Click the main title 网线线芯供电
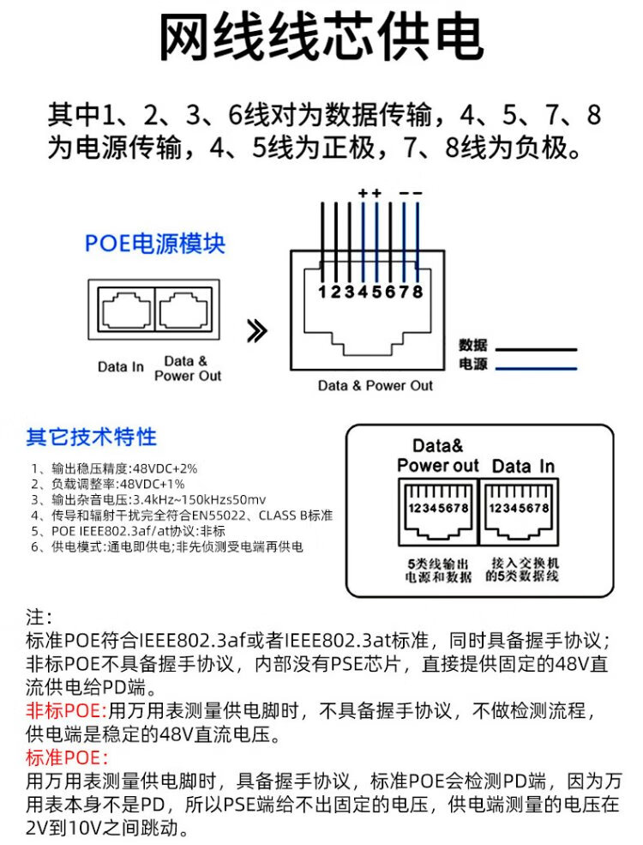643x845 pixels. [x=321, y=39]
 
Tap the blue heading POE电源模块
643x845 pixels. [x=154, y=243]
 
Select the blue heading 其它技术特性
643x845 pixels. [x=91, y=437]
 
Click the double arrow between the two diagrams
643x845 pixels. [x=256, y=330]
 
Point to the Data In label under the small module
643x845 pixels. [x=121, y=367]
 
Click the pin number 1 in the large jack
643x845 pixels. [x=322, y=292]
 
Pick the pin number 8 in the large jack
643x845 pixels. [x=418, y=292]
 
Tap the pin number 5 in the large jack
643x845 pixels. [x=376, y=292]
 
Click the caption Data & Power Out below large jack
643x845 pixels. [x=376, y=386]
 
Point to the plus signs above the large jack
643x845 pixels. [x=370, y=194]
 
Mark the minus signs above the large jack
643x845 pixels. [x=411, y=194]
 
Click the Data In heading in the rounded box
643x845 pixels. [x=522, y=466]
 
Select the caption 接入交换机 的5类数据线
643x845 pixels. [x=522, y=570]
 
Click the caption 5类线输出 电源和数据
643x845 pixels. [x=438, y=570]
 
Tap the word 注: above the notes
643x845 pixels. [x=39, y=618]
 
